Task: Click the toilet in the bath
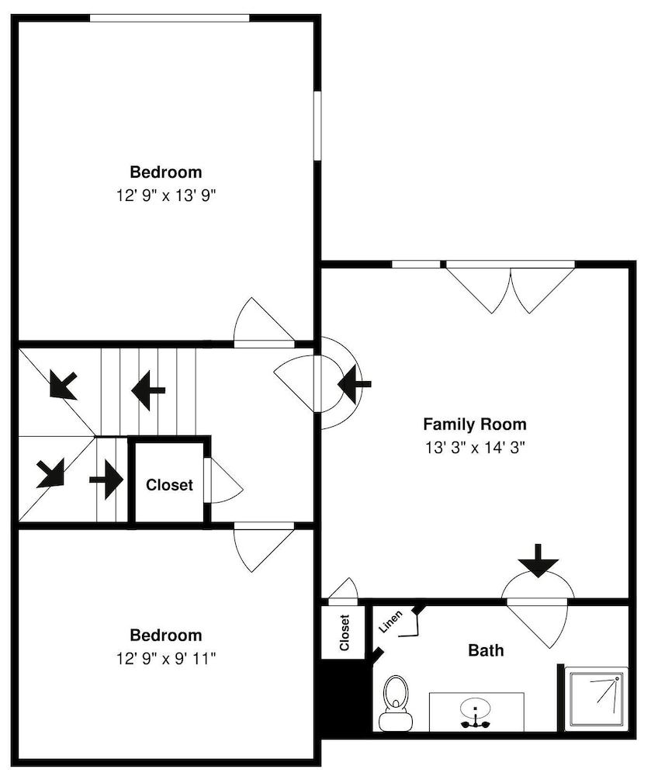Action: click(x=396, y=703)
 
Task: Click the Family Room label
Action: click(x=475, y=424)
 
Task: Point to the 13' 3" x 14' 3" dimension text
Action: click(x=475, y=448)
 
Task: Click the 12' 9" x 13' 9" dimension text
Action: click(x=166, y=196)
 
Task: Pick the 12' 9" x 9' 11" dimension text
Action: click(x=166, y=659)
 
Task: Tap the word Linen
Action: click(x=391, y=622)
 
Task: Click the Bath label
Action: click(x=486, y=650)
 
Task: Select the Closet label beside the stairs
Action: click(x=169, y=484)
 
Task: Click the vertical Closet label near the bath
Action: click(x=345, y=632)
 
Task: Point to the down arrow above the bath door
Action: click(x=538, y=561)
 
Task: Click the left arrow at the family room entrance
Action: click(x=354, y=383)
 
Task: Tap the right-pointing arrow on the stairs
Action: click(x=106, y=479)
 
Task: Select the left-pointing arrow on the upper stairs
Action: click(x=148, y=390)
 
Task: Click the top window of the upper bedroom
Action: click(x=169, y=19)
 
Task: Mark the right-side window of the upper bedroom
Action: click(x=317, y=126)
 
